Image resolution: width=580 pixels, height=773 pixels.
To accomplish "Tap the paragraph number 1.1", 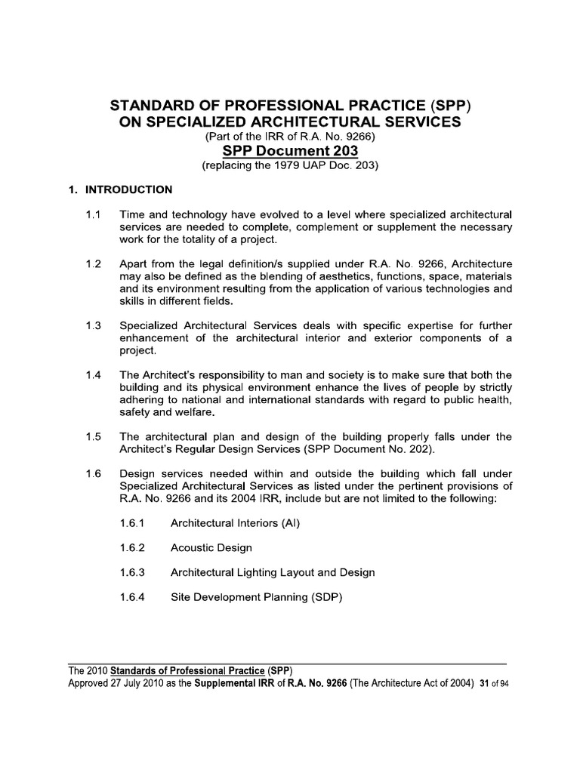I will click(94, 215).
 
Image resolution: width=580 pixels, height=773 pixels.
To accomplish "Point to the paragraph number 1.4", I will click(94, 375).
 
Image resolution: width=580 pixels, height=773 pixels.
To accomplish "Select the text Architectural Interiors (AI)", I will click(236, 522).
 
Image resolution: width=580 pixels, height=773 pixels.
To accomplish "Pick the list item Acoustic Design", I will click(211, 547).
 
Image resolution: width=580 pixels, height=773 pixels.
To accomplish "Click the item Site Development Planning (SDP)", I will click(257, 597).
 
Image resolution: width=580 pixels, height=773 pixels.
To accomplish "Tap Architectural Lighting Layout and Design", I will click(273, 572).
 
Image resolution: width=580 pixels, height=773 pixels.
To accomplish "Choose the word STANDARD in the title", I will click(151, 104).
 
